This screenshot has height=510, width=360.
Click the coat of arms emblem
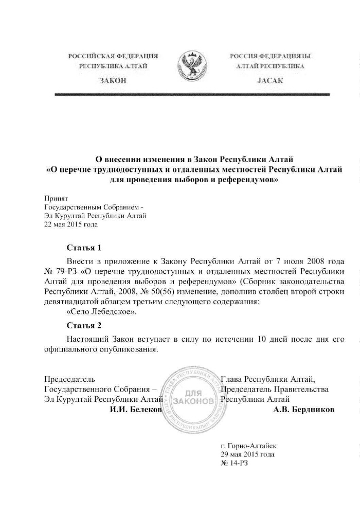coord(191,66)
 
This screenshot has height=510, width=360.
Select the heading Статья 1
coord(84,248)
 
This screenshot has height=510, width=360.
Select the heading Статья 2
coord(84,325)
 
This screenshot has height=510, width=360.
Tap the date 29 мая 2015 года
coord(247,454)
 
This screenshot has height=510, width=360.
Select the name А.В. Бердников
coord(303,409)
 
